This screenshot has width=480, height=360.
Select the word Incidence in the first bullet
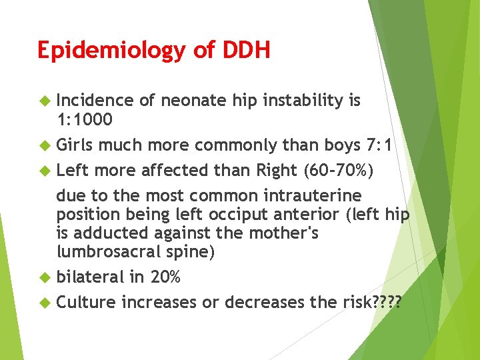coord(95,101)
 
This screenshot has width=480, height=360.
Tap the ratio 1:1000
coord(84,119)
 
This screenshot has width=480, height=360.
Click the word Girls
coord(75,145)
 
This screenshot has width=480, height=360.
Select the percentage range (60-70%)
coord(339,170)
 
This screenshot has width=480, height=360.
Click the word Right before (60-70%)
coord(278,170)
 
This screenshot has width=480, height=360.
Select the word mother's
coord(284,234)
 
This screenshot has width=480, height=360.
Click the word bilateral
coord(90,277)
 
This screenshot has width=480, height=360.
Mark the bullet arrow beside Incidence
coord(45,101)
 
